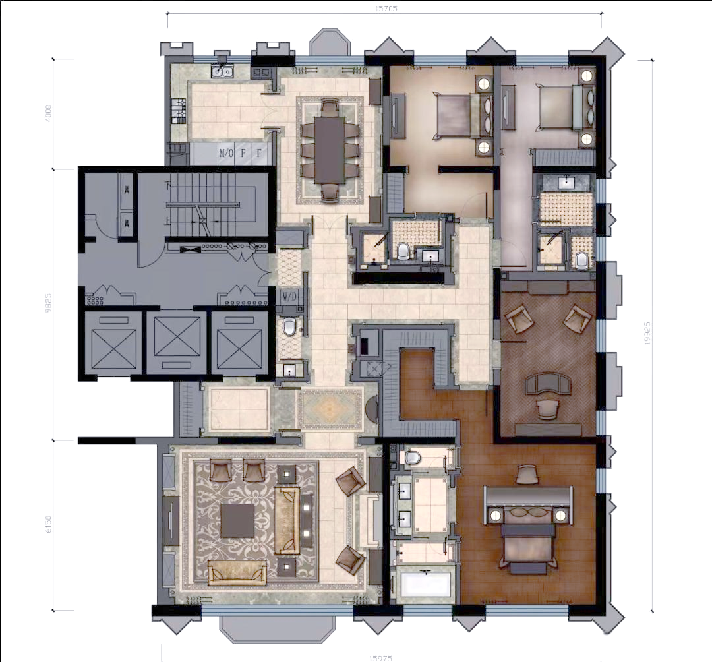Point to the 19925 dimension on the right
(x=649, y=334)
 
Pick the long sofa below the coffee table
(x=237, y=574)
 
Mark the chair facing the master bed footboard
(x=527, y=473)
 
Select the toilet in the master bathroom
(x=413, y=457)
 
